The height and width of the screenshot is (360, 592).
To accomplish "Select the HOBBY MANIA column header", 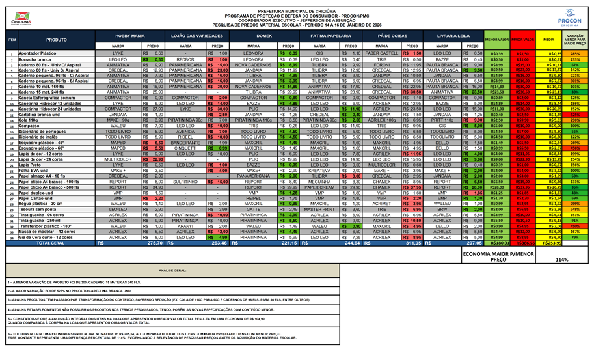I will [130, 36].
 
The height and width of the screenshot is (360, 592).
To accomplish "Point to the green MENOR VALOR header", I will [497, 40].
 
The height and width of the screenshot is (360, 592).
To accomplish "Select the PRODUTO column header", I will [57, 40].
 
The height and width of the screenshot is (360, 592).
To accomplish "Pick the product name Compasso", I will [29, 126].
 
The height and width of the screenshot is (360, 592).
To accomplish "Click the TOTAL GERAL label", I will [49, 242].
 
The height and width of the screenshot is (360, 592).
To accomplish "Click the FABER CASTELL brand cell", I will [381, 53].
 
